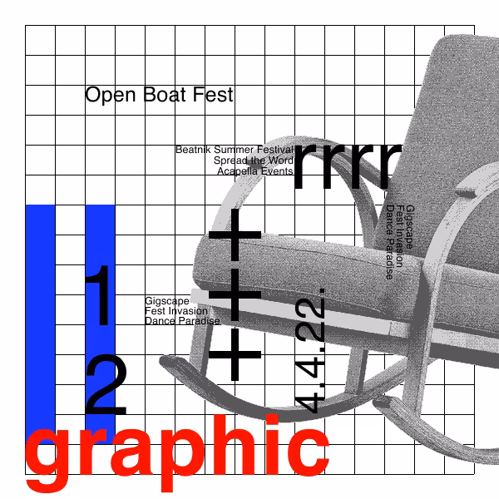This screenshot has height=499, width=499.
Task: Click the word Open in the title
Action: [x=111, y=95]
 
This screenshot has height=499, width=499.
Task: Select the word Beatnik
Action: [x=193, y=149]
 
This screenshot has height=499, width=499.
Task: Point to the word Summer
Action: [x=234, y=149]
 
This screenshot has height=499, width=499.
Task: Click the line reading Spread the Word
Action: [x=254, y=161]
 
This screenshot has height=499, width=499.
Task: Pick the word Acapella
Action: [x=237, y=171]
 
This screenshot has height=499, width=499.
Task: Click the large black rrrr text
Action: [x=348, y=166]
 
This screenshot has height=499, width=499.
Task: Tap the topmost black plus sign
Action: [x=235, y=235]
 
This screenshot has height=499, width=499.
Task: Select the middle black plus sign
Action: [x=235, y=294]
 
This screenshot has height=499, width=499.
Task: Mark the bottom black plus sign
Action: [x=235, y=354]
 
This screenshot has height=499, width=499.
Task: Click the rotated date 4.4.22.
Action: [x=310, y=351]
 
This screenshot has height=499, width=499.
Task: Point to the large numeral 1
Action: [x=99, y=295]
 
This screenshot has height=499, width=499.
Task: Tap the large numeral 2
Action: [x=106, y=384]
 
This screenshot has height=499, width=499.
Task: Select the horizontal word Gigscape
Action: [x=167, y=301]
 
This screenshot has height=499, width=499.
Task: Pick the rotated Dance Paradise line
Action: [x=389, y=243]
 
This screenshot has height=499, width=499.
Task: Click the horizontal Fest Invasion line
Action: [x=176, y=310]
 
